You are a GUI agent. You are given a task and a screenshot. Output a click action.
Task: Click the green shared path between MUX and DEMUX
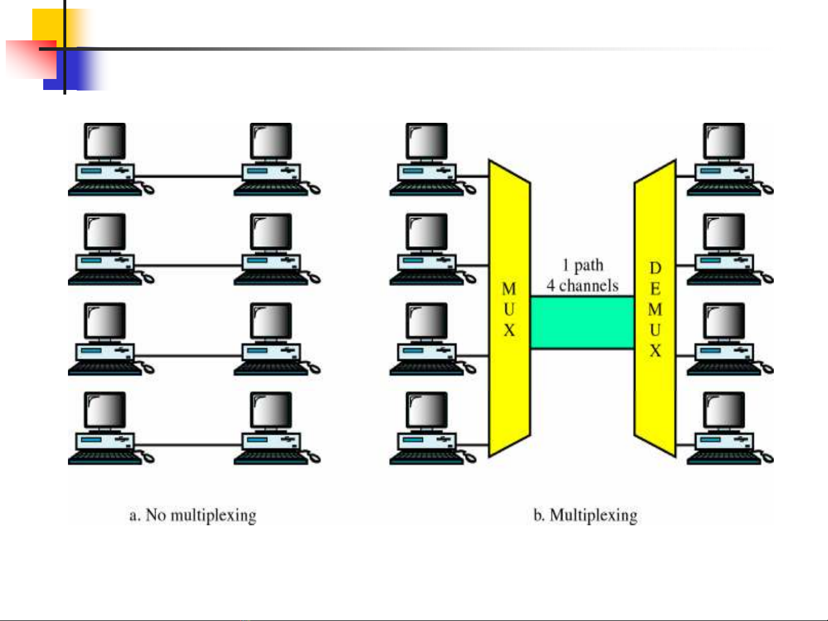[582, 322]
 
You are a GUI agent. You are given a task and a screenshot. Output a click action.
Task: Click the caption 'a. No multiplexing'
[192, 515]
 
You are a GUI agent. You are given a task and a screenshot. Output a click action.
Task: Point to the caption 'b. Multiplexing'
[585, 515]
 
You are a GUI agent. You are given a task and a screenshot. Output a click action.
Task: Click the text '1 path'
[583, 265]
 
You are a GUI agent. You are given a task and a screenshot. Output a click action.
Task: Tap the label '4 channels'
[583, 285]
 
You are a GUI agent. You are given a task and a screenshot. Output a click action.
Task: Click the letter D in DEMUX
[655, 268]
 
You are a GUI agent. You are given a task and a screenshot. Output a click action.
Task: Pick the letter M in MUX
[509, 288]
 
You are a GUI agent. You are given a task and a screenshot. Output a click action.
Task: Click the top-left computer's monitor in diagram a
[105, 141]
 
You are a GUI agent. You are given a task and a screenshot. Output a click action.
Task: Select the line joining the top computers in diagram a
[187, 176]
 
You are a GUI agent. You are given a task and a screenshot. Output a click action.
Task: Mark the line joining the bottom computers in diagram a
[187, 445]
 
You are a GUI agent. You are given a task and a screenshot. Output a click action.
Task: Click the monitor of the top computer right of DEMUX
[724, 141]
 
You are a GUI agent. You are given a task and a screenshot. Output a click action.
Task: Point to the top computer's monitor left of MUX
[426, 141]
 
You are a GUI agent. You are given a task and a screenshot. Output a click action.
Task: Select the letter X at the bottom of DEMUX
[655, 351]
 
